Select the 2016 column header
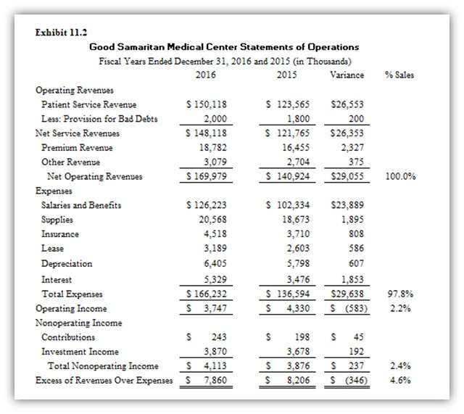point(206,75)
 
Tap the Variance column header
point(347,75)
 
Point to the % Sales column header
point(399,75)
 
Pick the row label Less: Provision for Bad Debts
point(99,119)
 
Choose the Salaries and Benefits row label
point(81,205)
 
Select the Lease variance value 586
point(356,249)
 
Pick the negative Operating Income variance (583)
point(354,308)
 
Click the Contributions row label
point(68,337)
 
